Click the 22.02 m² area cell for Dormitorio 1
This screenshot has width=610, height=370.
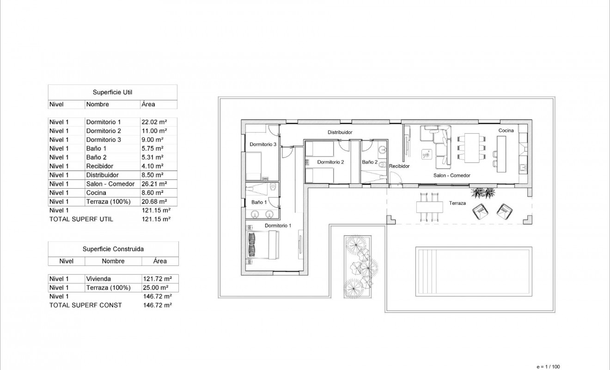click(154, 122)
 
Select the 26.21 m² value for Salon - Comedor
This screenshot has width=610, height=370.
click(154, 184)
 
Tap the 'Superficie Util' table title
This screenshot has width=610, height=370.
click(113, 92)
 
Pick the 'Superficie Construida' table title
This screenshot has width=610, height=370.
click(113, 249)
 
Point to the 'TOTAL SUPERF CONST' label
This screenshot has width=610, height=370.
click(85, 305)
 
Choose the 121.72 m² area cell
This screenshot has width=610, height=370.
click(158, 279)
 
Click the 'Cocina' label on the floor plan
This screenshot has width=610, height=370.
click(506, 130)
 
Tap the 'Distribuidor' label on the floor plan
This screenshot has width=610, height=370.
click(340, 132)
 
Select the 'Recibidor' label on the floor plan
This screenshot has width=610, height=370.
click(399, 166)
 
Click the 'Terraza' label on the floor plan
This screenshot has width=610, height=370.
click(457, 203)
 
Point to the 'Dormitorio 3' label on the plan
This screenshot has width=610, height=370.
click(263, 144)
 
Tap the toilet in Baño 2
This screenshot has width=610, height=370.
click(382, 149)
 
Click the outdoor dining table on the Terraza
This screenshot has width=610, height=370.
click(428, 207)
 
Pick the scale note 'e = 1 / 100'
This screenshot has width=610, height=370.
click(548, 366)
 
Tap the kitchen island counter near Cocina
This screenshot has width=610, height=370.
click(501, 153)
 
